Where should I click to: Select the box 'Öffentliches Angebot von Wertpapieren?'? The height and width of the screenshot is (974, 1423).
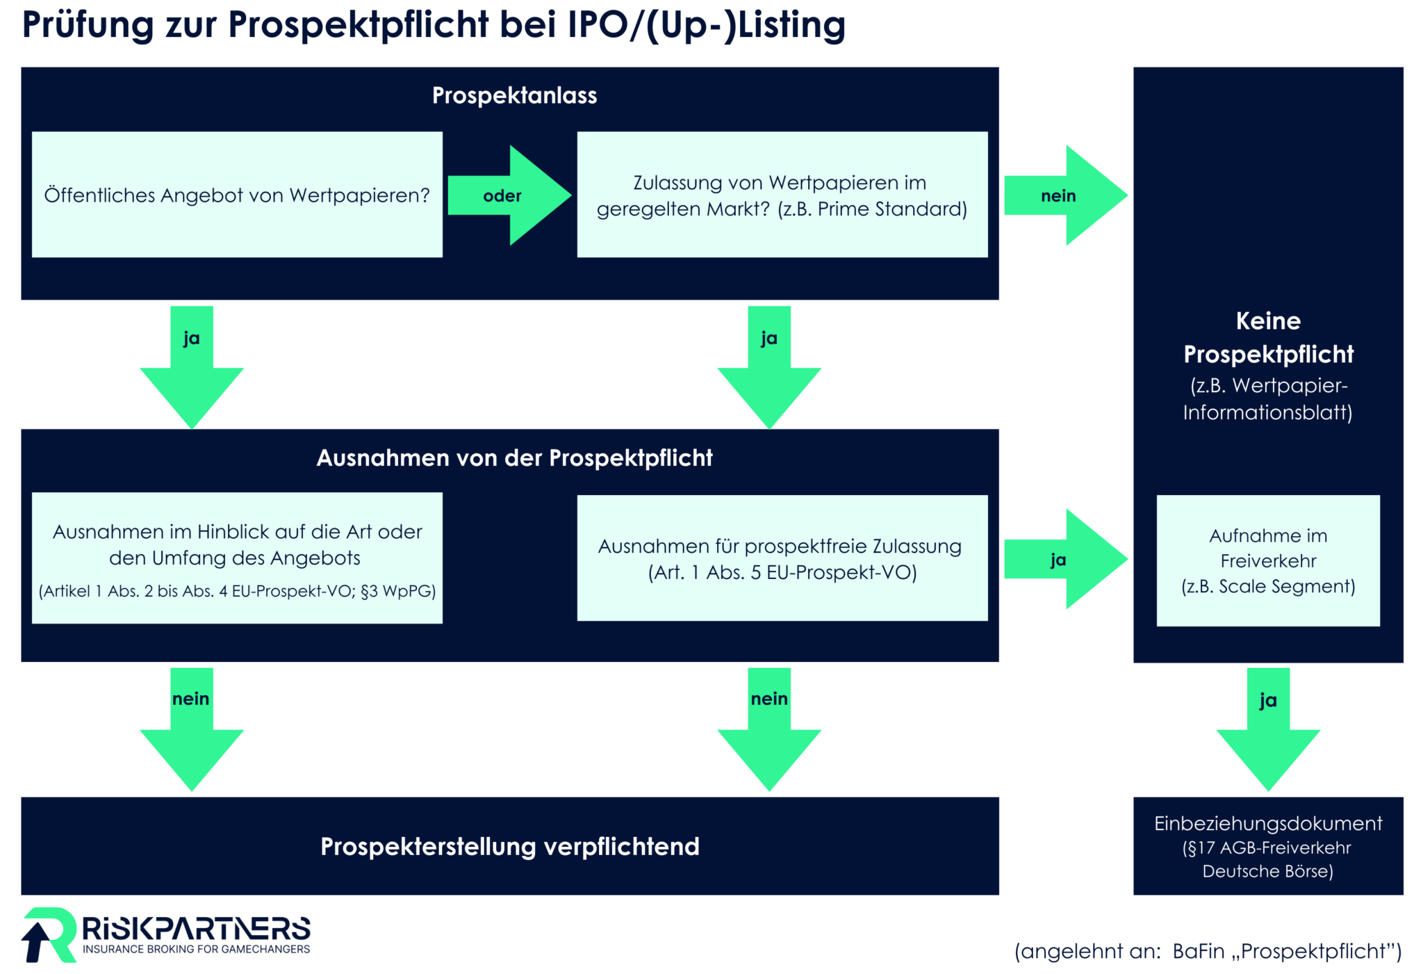coord(237,195)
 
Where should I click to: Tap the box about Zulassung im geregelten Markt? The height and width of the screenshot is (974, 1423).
coord(782,195)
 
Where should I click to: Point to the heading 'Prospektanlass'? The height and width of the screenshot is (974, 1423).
coord(514,95)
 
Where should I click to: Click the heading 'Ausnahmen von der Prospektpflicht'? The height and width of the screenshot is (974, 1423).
coord(514,457)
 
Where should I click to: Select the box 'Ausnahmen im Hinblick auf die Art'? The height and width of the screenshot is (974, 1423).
coord(237,558)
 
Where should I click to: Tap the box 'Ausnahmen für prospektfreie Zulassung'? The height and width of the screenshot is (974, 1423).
coord(782,558)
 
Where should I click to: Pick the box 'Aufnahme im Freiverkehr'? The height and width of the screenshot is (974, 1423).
coord(1268,560)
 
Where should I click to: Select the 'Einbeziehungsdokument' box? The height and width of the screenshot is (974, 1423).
coord(1268,846)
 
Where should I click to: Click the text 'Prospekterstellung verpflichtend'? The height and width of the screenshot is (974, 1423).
coord(509,846)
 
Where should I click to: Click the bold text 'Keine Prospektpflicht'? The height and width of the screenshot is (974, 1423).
coord(1268,337)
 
